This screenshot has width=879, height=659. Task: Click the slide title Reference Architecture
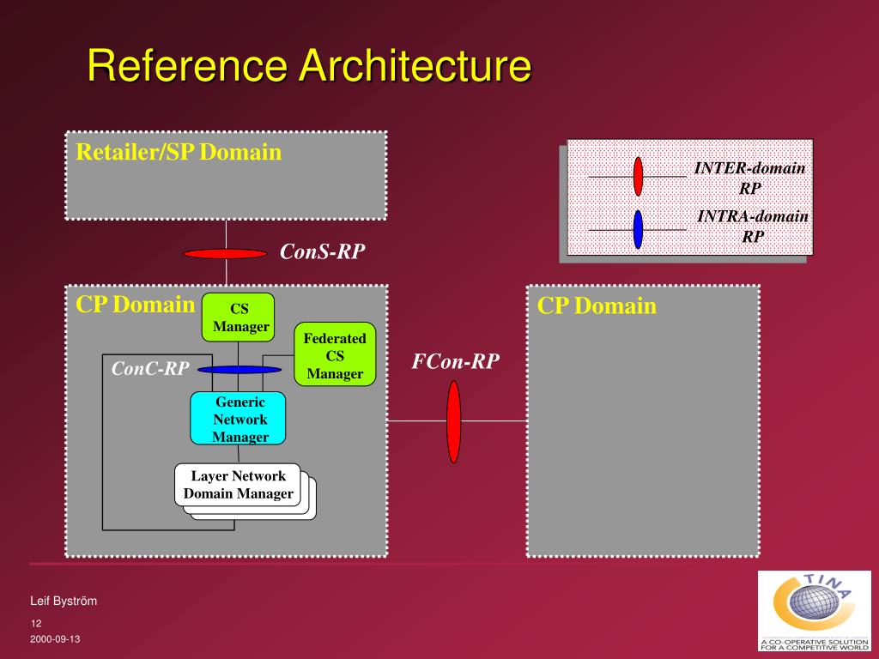309,66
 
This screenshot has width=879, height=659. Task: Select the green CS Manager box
239,317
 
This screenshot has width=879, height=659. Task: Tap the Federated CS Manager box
335,355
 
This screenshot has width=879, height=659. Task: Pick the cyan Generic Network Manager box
239,419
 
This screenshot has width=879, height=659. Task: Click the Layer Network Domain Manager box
239,485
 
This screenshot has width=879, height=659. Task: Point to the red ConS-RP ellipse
225,253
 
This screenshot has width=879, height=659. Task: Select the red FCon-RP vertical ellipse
454,421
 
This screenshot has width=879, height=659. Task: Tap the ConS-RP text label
322,251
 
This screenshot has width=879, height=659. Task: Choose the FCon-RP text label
455,361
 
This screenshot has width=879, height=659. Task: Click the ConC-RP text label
150,369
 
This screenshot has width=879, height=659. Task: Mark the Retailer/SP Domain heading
179,153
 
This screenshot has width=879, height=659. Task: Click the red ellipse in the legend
638,176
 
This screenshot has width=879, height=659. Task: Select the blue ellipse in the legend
638,229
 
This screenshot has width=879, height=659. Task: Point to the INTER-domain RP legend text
749,178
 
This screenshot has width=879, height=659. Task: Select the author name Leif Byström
64,602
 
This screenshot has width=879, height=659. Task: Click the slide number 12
36,623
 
